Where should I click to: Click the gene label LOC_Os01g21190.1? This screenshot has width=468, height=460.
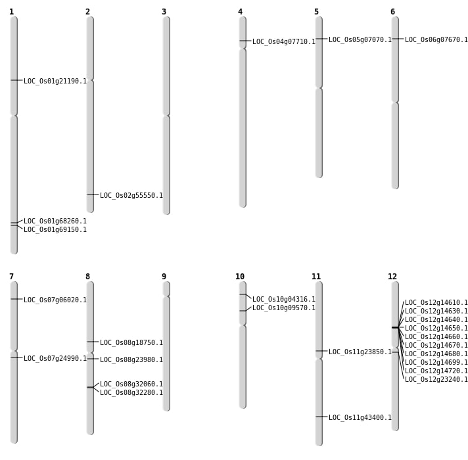pos(55,81)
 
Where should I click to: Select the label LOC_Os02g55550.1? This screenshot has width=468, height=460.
pos(131,196)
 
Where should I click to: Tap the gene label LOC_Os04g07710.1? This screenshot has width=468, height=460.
pos(284,42)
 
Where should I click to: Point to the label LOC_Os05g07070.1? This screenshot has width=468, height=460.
pos(360,40)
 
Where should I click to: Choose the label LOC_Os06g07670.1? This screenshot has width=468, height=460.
pos(436,40)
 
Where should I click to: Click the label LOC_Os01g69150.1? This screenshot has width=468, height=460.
pos(55,230)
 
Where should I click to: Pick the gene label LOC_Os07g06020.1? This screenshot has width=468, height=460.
pos(55,300)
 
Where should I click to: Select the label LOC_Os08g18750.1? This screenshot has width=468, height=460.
pos(131,343)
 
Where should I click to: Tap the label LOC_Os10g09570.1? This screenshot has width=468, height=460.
pos(284,308)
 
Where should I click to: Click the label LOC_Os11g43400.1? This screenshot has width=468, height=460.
pos(360,418)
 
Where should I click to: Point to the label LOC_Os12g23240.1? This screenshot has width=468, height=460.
pos(436,380)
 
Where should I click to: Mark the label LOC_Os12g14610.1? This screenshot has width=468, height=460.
pos(436,303)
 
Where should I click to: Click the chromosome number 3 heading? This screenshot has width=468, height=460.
pos(164,12)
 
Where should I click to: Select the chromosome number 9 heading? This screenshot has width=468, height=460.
pos(164,277)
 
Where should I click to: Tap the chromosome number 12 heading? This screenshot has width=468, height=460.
pos(392,277)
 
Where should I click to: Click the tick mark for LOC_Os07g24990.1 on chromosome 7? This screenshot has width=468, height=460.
pos(14,357)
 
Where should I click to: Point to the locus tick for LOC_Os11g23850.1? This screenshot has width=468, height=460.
pos(319,351)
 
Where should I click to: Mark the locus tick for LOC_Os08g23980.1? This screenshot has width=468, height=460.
pos(90,359)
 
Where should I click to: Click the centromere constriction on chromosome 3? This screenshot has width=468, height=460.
pos(166,116)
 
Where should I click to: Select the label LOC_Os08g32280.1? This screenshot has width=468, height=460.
pos(131,393)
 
